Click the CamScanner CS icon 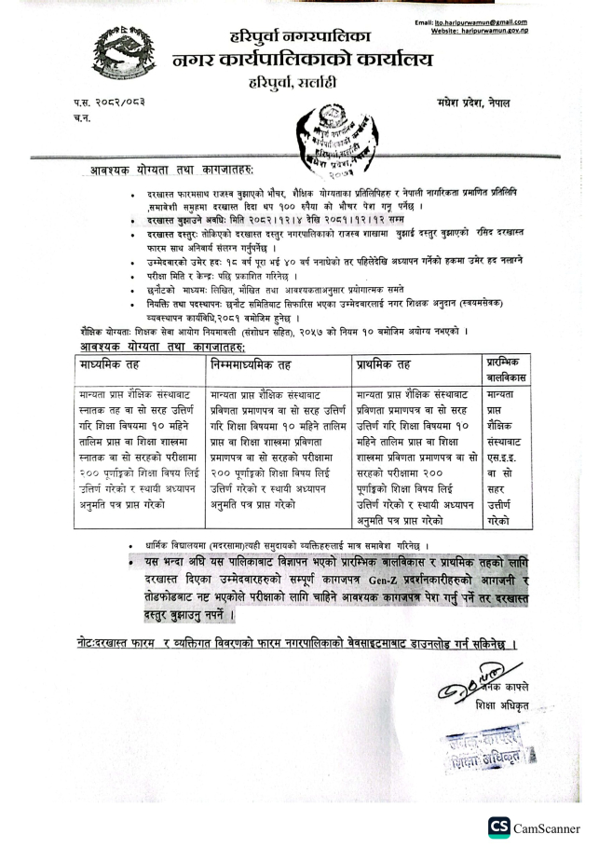[499, 827]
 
